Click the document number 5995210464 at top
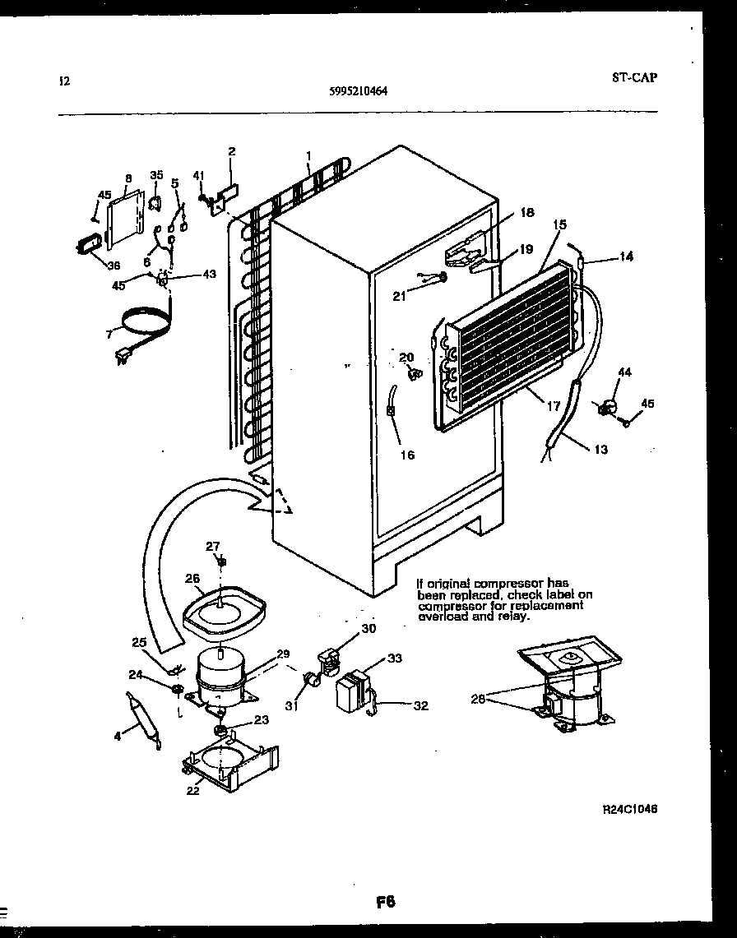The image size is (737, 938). (x=353, y=92)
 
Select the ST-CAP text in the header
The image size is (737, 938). (x=635, y=78)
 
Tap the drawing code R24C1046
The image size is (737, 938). (x=630, y=808)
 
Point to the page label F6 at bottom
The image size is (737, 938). (x=386, y=902)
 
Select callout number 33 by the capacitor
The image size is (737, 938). (x=396, y=658)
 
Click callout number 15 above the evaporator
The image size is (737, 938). (x=560, y=224)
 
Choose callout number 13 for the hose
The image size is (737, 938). (x=600, y=450)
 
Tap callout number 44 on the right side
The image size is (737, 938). (x=624, y=372)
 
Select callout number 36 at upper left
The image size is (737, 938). (x=114, y=264)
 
